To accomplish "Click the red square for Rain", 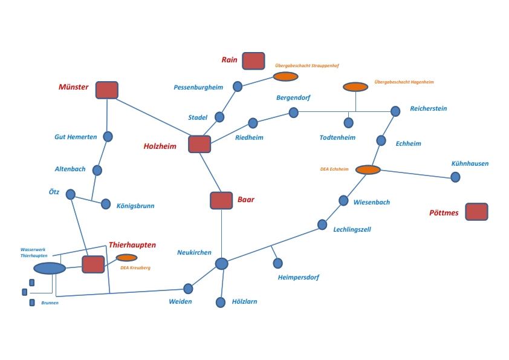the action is tap(253, 61).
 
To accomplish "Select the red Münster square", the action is tap(107, 90).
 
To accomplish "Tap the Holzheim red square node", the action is tap(199, 144).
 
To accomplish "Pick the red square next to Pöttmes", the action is tap(476, 212).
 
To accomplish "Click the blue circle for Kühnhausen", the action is tap(455, 177).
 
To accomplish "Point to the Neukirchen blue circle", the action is tap(222, 264).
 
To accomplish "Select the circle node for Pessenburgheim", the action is tap(238, 87).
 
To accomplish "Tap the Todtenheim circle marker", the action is tap(348, 123).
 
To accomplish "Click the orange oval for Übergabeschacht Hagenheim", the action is tap(355, 87).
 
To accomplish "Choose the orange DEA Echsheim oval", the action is tap(368, 169).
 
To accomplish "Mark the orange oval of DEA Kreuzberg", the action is tap(126, 258).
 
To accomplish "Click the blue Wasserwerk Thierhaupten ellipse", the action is tap(50, 269).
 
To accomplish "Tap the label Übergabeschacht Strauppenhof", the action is tap(307, 65).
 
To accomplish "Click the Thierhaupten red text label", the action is tap(132, 245).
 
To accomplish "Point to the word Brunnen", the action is tap(50, 303).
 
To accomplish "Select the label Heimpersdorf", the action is tap(299, 277).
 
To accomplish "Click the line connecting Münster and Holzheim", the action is tap(153, 117).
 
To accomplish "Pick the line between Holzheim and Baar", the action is tap(210, 172).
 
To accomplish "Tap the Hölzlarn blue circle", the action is tap(221, 302).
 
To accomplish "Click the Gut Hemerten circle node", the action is tap(108, 137).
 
